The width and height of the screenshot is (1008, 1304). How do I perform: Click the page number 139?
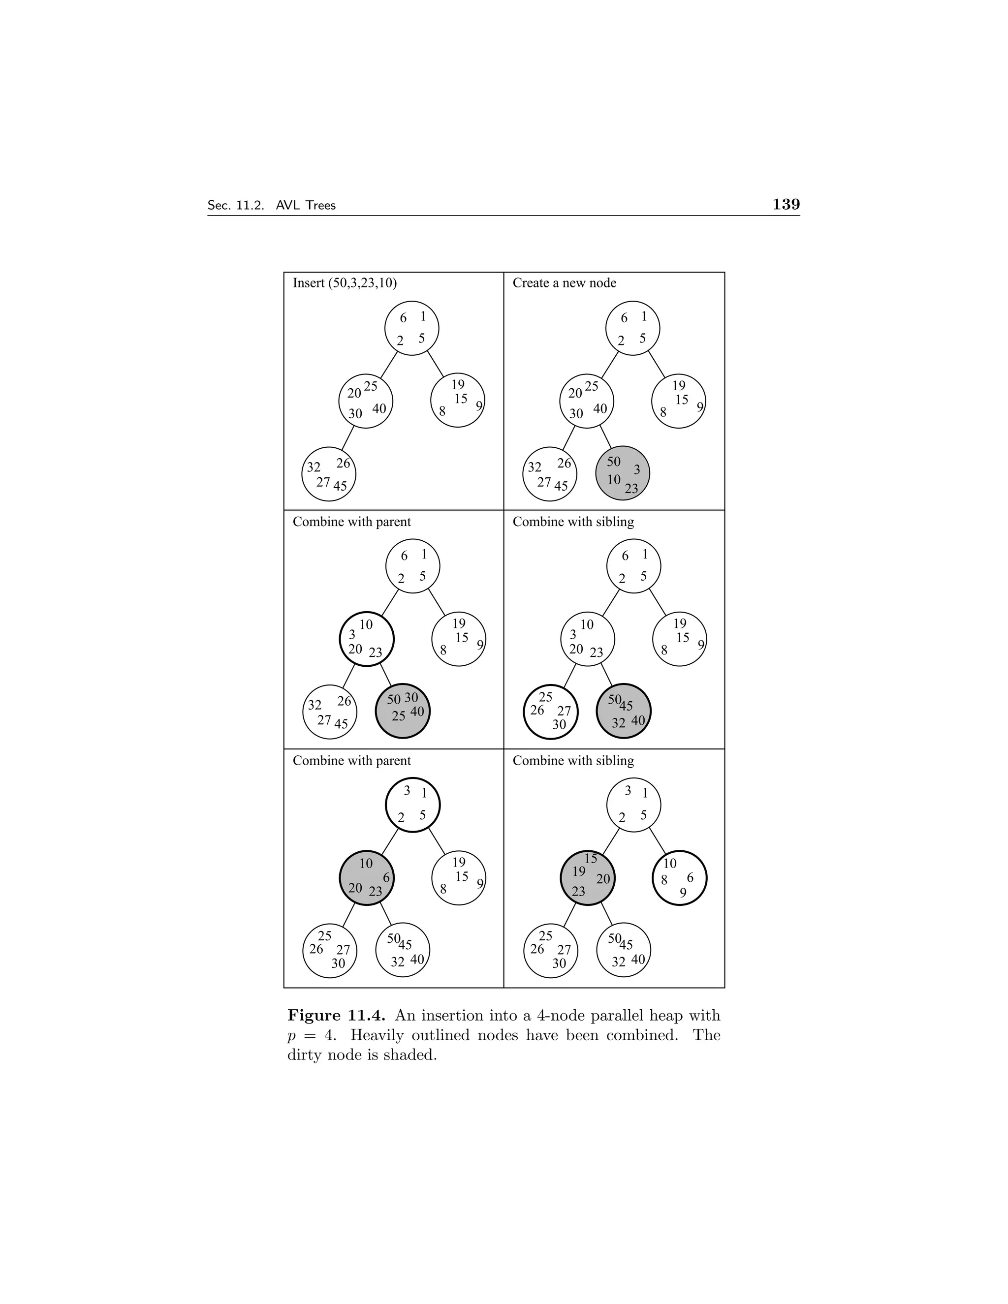coord(786,205)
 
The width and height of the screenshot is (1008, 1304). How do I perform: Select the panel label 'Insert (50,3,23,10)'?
coord(345,283)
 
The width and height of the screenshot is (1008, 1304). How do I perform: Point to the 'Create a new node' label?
coord(565,283)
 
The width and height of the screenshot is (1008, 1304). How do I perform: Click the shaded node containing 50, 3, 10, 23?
coord(622,473)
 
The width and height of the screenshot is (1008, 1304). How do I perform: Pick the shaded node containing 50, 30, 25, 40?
coord(403,711)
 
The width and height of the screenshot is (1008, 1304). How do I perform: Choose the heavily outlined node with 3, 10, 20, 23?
coord(366,638)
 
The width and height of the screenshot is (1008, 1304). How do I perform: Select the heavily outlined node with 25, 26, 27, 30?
coord(550,711)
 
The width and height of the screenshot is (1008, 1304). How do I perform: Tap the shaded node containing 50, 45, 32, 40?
coord(624,711)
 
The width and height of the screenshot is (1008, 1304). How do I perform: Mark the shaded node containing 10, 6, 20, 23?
coord(366,878)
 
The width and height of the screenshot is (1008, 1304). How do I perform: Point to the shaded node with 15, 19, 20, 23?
coord(587,878)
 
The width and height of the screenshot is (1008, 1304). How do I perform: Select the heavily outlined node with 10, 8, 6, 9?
coord(680,878)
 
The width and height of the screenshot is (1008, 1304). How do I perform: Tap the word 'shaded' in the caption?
coord(409,1055)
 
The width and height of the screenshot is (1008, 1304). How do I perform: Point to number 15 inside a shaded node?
coord(591,859)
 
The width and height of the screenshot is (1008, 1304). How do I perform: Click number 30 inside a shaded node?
coord(411,697)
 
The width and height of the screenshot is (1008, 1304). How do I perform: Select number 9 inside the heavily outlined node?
coord(683,893)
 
